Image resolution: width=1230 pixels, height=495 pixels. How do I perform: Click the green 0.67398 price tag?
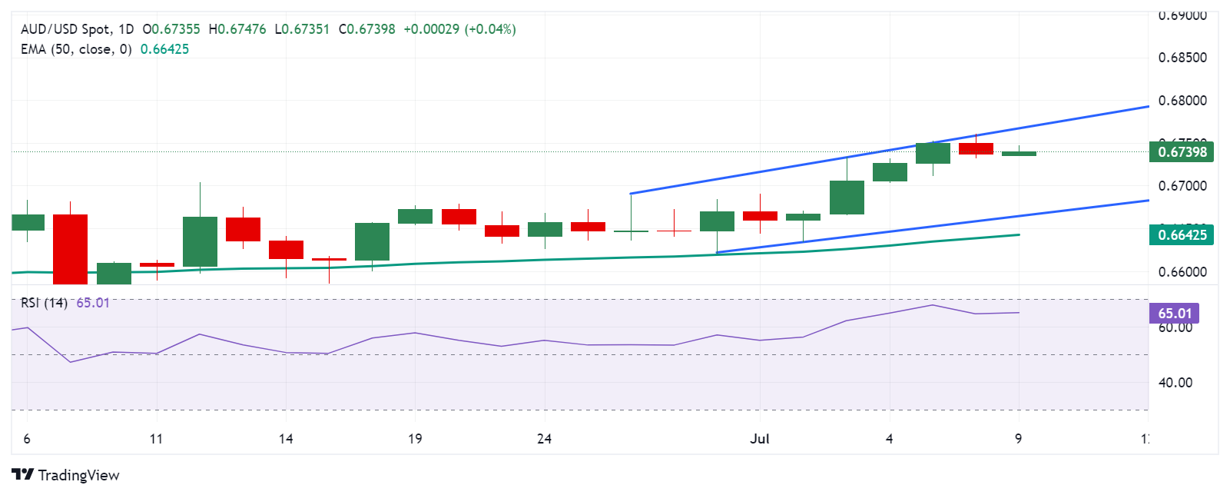[1182, 151]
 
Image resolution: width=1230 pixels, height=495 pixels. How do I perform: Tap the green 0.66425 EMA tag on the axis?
[1182, 235]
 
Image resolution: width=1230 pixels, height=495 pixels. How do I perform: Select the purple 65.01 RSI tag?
[1174, 313]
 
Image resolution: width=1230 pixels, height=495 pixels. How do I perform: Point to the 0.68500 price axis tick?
[1182, 58]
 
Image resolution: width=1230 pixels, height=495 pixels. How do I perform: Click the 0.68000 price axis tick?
[1182, 101]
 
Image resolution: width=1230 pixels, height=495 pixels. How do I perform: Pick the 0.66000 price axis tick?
[1182, 272]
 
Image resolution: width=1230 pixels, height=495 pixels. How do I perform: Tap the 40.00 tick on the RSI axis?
[1175, 383]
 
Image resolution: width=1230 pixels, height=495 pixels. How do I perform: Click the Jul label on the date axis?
[760, 439]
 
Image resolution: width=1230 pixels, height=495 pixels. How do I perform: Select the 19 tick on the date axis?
[415, 439]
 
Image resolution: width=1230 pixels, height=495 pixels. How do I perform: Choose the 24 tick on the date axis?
[544, 439]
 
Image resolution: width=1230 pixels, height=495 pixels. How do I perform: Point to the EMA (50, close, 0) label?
[76, 49]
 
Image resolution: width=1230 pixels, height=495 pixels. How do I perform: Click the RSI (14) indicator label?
[44, 303]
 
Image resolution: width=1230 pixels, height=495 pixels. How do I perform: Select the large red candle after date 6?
[70, 249]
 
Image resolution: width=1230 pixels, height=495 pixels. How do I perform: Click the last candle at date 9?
[1019, 154]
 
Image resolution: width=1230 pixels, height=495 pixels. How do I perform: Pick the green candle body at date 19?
[415, 216]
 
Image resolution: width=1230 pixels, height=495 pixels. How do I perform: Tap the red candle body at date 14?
[286, 249]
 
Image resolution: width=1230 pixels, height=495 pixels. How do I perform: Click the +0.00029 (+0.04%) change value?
[459, 29]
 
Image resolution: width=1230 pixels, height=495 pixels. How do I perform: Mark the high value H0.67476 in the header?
[237, 29]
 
